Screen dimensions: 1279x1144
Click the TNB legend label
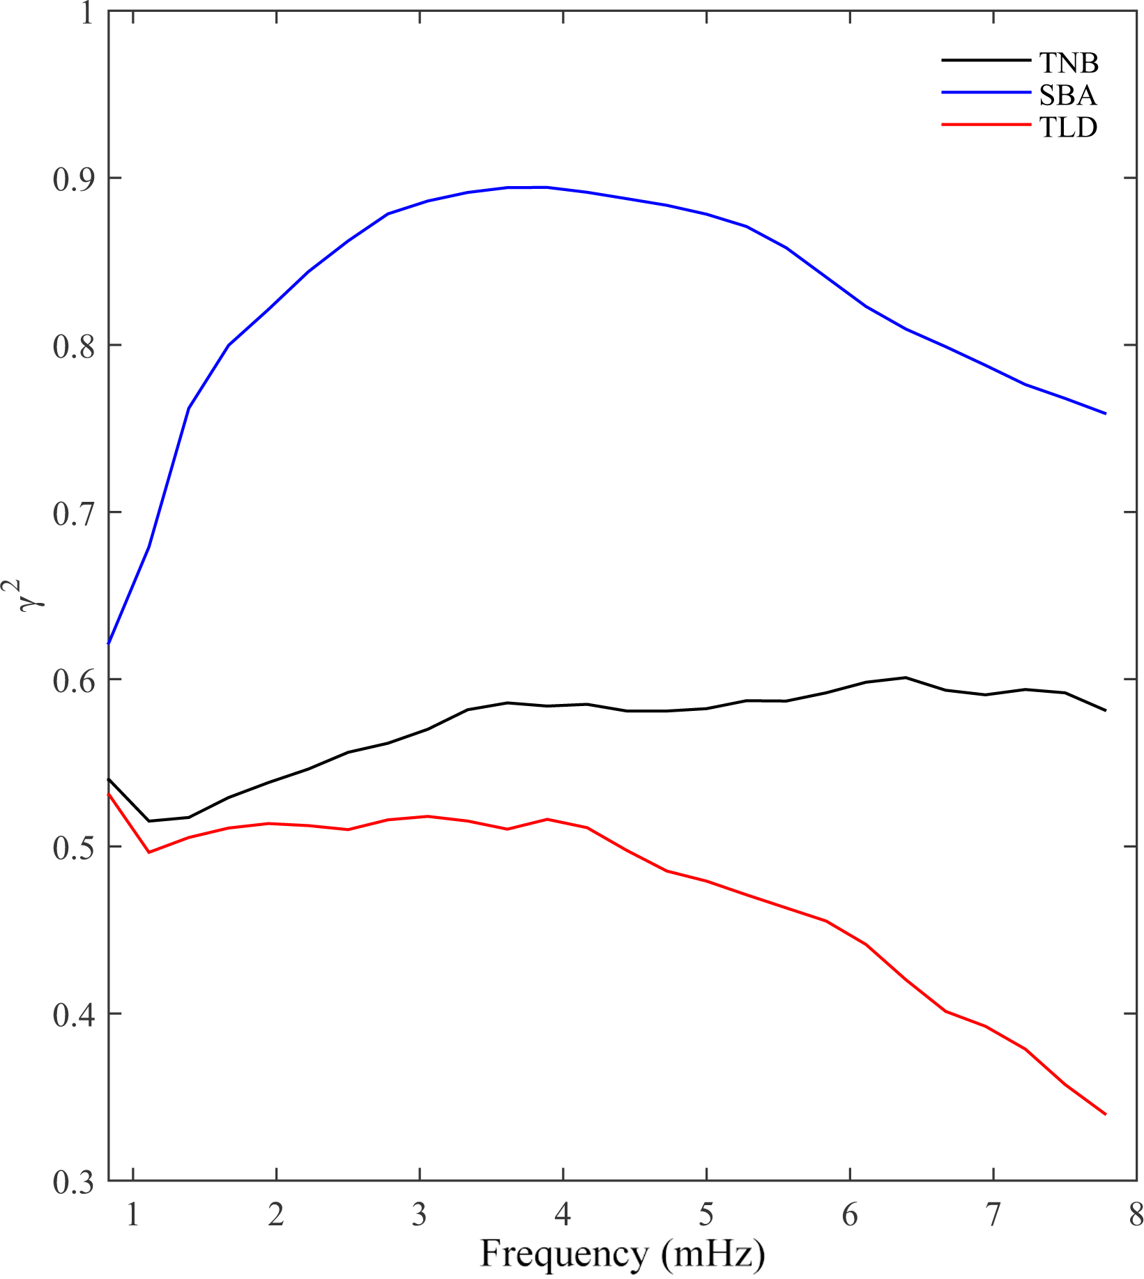(1068, 63)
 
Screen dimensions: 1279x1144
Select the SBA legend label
(1067, 95)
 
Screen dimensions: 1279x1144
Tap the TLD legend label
(1068, 127)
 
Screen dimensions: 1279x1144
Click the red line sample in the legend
(985, 125)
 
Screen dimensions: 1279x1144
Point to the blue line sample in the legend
(985, 93)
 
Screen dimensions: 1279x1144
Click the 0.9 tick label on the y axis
(73, 179)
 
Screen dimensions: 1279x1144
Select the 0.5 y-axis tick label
(73, 848)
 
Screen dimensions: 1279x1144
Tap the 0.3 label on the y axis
(73, 1182)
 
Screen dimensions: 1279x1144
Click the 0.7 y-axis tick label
(73, 514)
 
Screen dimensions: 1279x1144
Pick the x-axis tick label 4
(563, 1216)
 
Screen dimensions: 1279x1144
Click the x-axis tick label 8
(1136, 1216)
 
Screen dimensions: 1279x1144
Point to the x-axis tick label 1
(132, 1216)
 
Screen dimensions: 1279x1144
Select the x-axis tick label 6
(849, 1216)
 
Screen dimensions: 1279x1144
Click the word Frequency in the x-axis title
(563, 1254)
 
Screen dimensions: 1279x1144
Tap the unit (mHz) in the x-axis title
(713, 1254)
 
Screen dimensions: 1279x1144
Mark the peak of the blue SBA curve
(528, 187)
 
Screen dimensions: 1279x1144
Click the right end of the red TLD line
(1106, 1115)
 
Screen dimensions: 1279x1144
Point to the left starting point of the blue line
(109, 643)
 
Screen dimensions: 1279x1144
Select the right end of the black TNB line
(1106, 710)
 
